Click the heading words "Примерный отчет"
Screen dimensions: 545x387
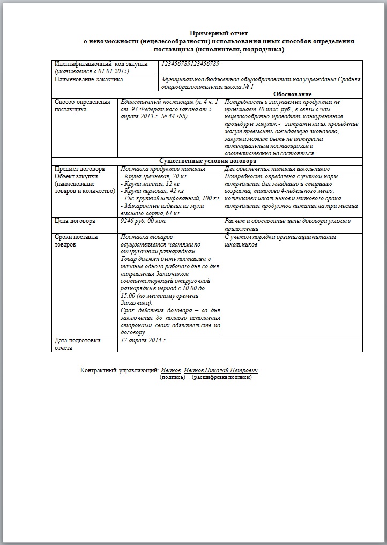click(x=220, y=33)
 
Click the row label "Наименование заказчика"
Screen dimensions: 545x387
click(x=89, y=79)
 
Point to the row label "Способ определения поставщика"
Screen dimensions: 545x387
click(x=83, y=105)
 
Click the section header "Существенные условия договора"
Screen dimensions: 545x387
click(x=207, y=161)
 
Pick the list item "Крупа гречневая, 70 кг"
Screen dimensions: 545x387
click(x=154, y=176)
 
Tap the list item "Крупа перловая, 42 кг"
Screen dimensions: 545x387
click(x=153, y=191)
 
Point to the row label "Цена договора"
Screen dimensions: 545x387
click(x=75, y=220)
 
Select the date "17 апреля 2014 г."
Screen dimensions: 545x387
click(x=144, y=340)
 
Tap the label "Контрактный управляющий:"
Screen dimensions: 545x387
click(x=119, y=370)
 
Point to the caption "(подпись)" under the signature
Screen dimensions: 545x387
click(x=173, y=377)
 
